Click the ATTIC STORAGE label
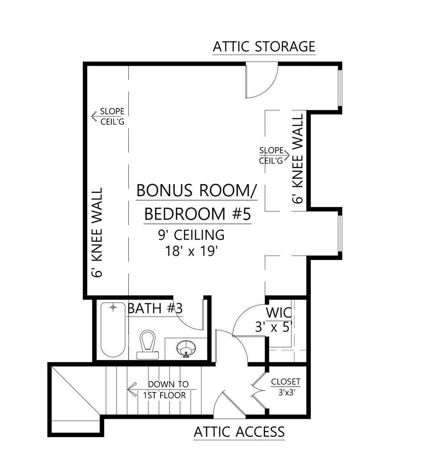[x=264, y=46]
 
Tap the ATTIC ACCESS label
[x=239, y=432]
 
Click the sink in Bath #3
[x=186, y=348]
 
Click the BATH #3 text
[x=155, y=308]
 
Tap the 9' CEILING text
[x=191, y=235]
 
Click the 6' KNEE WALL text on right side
[x=298, y=159]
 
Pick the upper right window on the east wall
[x=340, y=88]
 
